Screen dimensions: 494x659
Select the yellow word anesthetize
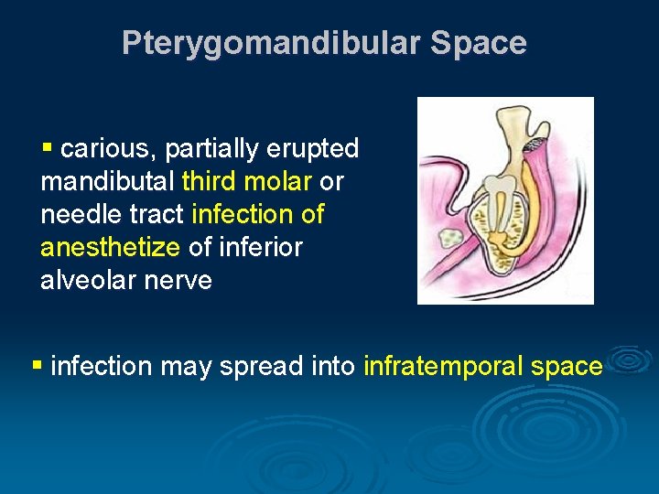(x=110, y=247)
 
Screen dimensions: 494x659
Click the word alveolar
(x=89, y=280)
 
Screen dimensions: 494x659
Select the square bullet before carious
(x=48, y=146)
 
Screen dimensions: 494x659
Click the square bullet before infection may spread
(x=38, y=365)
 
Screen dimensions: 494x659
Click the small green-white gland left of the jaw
(x=451, y=240)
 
